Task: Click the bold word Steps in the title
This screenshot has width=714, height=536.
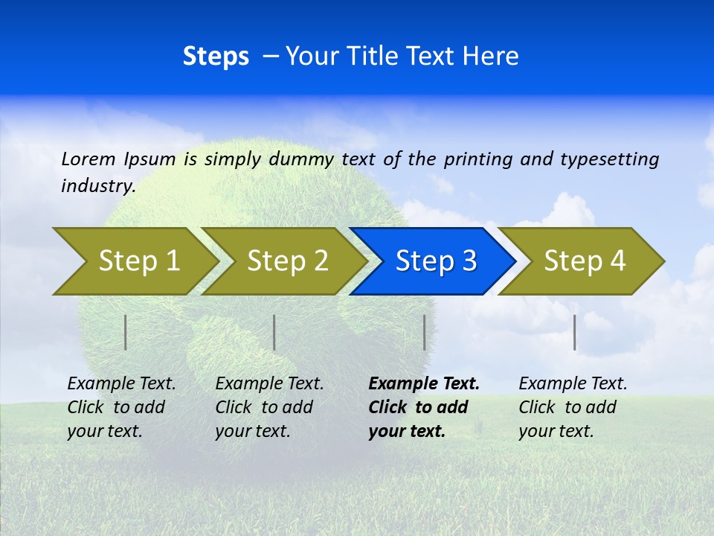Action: (216, 57)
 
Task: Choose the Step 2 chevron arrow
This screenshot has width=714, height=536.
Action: (286, 261)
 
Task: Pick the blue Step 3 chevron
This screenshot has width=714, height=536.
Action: (435, 261)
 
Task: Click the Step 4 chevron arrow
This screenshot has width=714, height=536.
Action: (584, 261)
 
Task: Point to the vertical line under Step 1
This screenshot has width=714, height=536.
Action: (126, 332)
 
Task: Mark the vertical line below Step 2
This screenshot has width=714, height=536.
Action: (274, 332)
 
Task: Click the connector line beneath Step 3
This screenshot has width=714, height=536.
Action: (424, 332)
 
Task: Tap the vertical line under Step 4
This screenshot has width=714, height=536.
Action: (574, 332)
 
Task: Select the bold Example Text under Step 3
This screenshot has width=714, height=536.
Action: (424, 384)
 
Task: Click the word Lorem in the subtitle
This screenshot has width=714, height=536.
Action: (89, 159)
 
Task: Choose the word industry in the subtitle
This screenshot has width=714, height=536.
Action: (97, 186)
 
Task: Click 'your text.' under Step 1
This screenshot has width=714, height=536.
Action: (104, 431)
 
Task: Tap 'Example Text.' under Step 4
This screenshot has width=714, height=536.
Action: (573, 384)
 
